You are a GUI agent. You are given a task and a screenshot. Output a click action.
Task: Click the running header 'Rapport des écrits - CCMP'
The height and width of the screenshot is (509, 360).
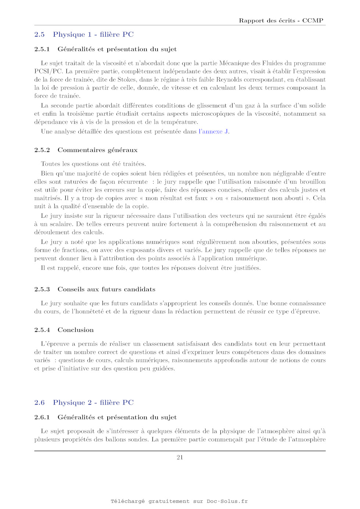(281, 21)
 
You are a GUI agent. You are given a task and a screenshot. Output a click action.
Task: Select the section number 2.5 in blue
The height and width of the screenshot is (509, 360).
(39, 35)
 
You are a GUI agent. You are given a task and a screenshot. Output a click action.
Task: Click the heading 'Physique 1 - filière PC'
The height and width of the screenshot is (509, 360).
(93, 35)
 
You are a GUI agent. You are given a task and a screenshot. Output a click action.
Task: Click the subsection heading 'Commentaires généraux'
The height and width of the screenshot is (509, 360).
(97, 150)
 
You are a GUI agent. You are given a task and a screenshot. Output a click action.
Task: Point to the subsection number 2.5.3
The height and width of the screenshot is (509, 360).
(42, 289)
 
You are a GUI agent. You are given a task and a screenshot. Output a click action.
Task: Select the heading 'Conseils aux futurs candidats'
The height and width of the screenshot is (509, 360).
(106, 289)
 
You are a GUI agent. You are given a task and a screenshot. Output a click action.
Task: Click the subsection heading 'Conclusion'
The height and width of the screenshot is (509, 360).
(76, 330)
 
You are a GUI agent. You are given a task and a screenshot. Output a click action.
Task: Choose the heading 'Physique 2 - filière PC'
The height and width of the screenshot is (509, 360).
(93, 402)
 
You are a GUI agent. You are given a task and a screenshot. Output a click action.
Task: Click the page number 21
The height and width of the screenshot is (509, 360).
(180, 457)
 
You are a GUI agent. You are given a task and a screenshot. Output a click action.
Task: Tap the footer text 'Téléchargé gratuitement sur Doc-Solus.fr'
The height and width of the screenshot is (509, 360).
(179, 501)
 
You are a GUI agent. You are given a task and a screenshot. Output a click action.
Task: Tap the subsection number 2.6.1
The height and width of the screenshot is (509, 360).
(42, 417)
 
